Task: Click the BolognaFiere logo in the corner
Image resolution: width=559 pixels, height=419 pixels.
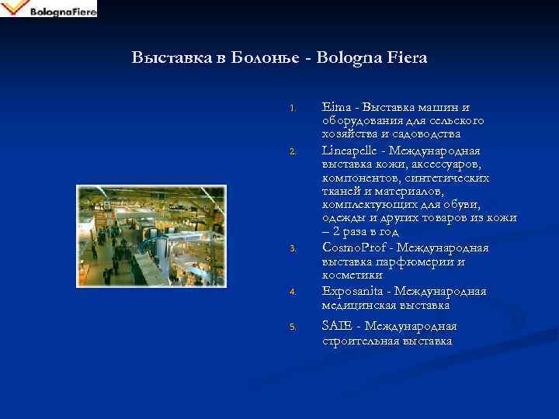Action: pyautogui.click(x=49, y=9)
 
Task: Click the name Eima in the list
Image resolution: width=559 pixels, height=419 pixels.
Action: pyautogui.click(x=335, y=107)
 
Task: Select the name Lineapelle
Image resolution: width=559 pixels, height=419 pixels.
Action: pyautogui.click(x=354, y=150)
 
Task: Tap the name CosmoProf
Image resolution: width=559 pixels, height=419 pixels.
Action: pyautogui.click(x=353, y=248)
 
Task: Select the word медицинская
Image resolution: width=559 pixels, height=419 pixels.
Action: pyautogui.click(x=359, y=305)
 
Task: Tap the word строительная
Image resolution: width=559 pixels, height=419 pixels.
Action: pyautogui.click(x=360, y=340)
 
